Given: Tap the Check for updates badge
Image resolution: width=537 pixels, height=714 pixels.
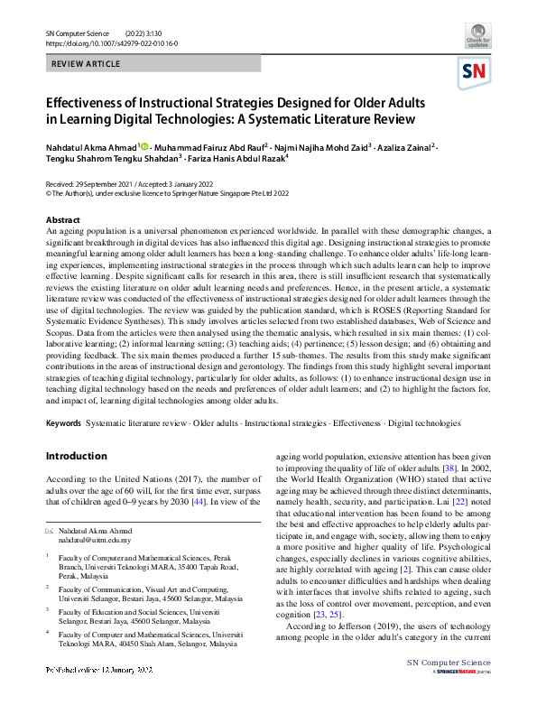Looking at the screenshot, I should click(478, 38).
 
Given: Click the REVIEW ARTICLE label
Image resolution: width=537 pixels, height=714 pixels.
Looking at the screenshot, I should click(84, 65).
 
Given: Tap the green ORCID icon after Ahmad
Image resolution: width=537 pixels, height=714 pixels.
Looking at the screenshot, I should click(144, 144).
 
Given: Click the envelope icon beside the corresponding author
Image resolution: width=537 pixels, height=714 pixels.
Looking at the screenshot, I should click(50, 531).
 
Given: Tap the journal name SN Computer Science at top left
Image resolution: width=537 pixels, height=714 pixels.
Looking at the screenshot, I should click(81, 33).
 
